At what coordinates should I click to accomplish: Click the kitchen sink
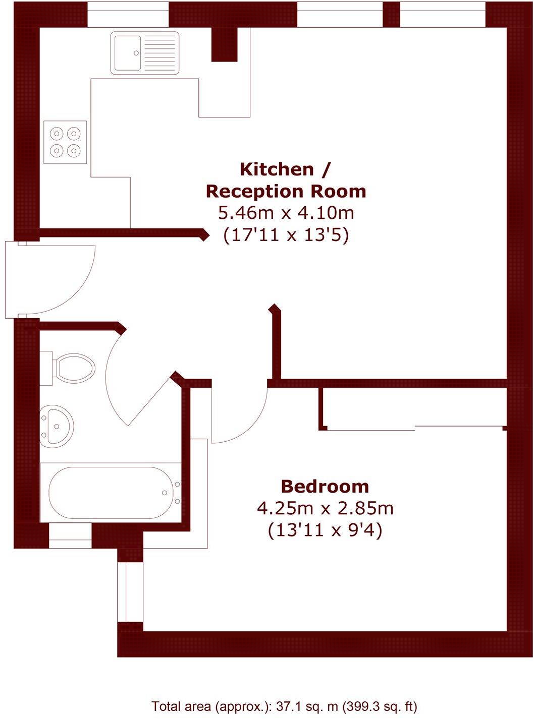[x=145, y=52]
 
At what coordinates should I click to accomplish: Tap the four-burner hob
[x=65, y=142]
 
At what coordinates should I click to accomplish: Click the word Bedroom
[x=325, y=487]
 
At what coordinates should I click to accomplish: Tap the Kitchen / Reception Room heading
[x=286, y=180]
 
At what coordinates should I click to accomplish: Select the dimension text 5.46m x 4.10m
[x=286, y=213]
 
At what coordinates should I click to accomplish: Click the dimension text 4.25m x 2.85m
[x=325, y=508]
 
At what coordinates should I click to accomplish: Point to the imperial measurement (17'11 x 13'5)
[x=286, y=235]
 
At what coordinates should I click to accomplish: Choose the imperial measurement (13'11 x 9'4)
[x=325, y=530]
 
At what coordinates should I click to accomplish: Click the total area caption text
[x=284, y=706]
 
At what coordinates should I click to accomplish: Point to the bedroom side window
[x=130, y=591]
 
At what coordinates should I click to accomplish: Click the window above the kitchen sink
[x=128, y=15]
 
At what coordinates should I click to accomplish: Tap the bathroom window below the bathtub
[x=70, y=535]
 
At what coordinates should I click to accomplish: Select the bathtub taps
[x=177, y=493]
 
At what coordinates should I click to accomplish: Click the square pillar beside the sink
[x=224, y=44]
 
